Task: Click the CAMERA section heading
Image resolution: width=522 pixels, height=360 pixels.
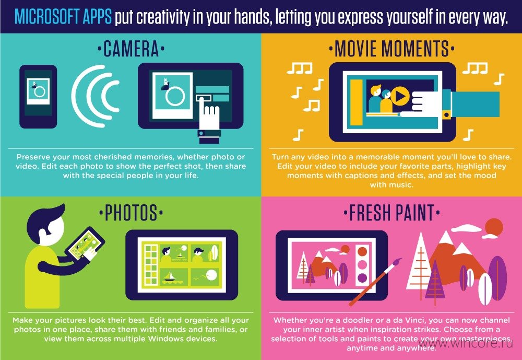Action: pyautogui.click(x=131, y=49)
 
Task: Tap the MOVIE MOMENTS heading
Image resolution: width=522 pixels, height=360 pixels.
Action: pyautogui.click(x=391, y=49)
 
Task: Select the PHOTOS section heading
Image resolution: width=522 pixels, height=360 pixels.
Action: pyautogui.click(x=131, y=213)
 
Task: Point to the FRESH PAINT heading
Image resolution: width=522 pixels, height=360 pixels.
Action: pyautogui.click(x=391, y=213)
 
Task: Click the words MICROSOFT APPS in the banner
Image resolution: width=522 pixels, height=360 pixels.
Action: pyautogui.click(x=63, y=17)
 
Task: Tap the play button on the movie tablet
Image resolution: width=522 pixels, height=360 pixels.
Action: pyautogui.click(x=400, y=96)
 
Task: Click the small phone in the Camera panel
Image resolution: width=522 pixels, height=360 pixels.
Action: pyautogui.click(x=38, y=97)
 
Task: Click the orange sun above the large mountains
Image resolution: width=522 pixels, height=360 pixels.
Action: pyautogui.click(x=494, y=229)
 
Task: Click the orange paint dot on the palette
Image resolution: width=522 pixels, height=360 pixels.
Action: pyautogui.click(x=362, y=252)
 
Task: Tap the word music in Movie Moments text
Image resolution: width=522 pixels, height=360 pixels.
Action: pyautogui.click(x=391, y=185)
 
